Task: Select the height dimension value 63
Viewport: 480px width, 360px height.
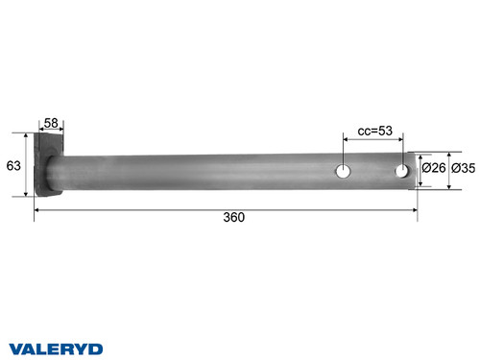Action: [x=13, y=165]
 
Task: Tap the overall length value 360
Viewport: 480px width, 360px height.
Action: [x=233, y=217]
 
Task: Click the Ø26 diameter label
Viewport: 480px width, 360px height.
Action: [x=433, y=169]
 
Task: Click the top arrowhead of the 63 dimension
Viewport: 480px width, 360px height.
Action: [x=26, y=137]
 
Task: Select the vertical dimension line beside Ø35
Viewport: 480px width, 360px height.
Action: [x=448, y=169]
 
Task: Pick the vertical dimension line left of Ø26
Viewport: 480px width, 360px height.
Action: [x=420, y=169]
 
